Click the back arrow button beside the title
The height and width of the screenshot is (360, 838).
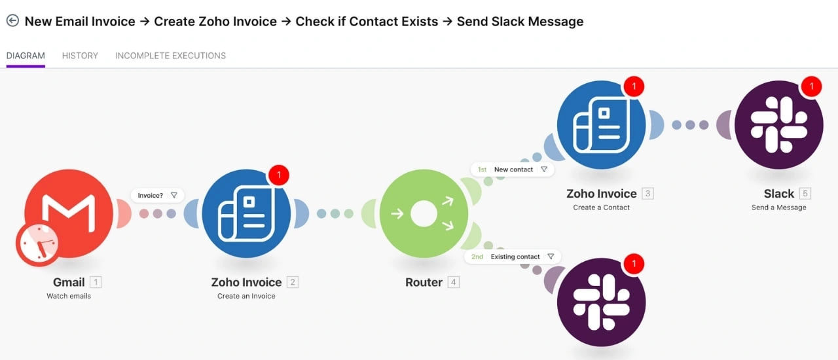tap(12, 21)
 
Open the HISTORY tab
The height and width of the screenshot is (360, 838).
tap(80, 56)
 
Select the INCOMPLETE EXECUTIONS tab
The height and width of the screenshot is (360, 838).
tap(170, 56)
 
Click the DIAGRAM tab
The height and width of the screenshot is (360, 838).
tap(26, 56)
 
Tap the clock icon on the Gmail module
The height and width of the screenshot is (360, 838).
tap(37, 244)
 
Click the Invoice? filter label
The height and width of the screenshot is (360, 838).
tap(157, 195)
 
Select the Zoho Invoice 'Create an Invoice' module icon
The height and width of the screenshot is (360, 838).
tap(246, 214)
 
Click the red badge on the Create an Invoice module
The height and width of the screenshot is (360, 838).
tap(278, 175)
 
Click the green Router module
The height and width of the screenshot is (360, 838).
tap(424, 214)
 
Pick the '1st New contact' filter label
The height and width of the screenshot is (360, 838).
tap(513, 170)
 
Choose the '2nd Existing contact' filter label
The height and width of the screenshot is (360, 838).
tap(513, 257)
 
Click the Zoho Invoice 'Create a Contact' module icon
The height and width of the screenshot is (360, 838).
tap(601, 125)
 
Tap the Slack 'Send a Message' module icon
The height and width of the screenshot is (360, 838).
tap(778, 125)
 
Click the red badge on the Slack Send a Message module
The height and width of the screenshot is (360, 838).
tap(811, 86)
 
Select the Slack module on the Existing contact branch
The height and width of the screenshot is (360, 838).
tap(601, 302)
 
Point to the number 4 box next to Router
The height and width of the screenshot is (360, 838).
tap(453, 283)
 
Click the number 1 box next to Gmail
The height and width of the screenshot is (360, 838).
tap(96, 283)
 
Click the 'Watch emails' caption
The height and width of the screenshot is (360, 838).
tap(69, 297)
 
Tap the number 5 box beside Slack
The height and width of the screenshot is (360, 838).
tap(805, 194)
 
